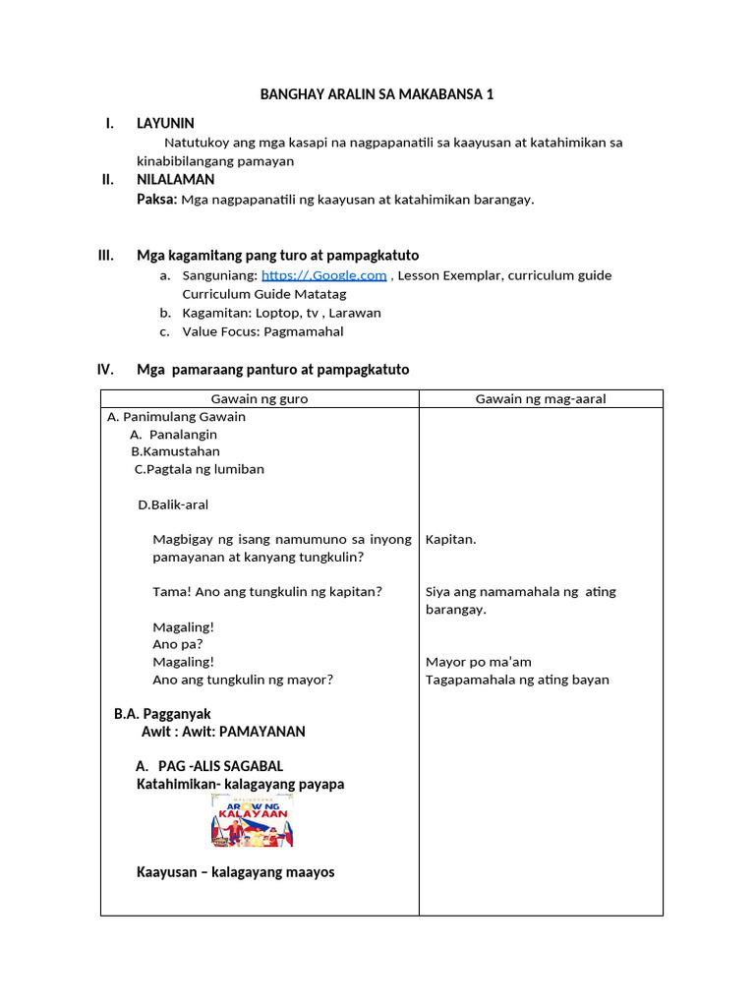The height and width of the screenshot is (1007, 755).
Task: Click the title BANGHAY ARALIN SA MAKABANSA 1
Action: tap(377, 94)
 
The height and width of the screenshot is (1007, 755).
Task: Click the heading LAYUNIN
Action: tap(165, 123)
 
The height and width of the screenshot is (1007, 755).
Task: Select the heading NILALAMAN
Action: tap(175, 180)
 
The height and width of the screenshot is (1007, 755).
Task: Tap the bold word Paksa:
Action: tap(156, 200)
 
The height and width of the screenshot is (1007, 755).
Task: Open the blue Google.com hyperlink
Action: tap(323, 276)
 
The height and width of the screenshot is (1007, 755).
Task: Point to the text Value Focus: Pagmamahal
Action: tap(262, 331)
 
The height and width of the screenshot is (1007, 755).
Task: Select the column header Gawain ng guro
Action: tap(260, 398)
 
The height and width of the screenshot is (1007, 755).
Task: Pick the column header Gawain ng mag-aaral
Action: tap(541, 398)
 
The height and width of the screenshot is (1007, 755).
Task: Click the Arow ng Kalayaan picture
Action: tap(253, 820)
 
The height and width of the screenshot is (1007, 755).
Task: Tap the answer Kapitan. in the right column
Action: tap(451, 539)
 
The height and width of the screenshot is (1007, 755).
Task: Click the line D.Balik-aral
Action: tap(173, 504)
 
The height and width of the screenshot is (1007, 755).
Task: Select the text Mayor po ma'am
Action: tap(479, 662)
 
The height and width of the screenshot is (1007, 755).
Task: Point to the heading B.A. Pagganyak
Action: tap(162, 714)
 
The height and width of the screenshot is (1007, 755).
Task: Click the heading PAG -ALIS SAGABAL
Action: tap(208, 766)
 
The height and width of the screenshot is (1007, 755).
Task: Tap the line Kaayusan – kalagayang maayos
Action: tap(235, 872)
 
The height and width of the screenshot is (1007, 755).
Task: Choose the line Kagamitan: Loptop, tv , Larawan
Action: tap(281, 313)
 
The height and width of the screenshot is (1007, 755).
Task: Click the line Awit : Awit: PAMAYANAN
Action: tap(223, 732)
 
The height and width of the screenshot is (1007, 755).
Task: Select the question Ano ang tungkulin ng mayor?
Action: tap(243, 680)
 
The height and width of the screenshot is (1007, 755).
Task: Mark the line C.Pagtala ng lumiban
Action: tap(200, 469)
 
